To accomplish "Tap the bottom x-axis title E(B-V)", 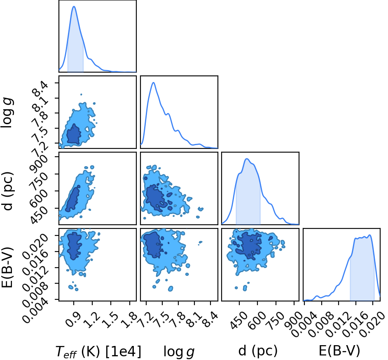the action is pyautogui.click(x=339, y=351).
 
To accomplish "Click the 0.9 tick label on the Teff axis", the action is pyautogui.click(x=73, y=320).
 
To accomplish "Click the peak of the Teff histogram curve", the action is pyautogui.click(x=74, y=6).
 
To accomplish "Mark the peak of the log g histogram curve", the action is pyautogui.click(x=153, y=82).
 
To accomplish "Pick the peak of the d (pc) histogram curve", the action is pyautogui.click(x=246, y=159).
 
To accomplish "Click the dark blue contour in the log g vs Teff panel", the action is pyautogui.click(x=73, y=135).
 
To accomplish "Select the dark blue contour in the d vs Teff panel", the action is pyautogui.click(x=73, y=199).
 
